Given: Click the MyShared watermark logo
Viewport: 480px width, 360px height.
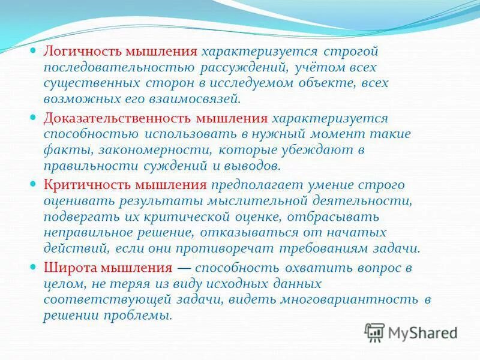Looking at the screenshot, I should pyautogui.click(x=410, y=332).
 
